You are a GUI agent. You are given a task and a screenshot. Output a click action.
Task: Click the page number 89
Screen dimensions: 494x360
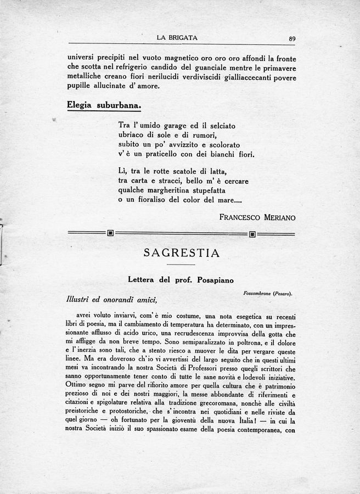coord(292,38)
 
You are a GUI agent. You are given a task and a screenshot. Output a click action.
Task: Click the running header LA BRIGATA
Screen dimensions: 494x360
coord(177,38)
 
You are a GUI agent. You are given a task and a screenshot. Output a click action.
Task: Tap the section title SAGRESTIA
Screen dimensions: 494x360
coord(181,253)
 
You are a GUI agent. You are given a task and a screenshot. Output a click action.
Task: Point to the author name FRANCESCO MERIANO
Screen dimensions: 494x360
coord(257,217)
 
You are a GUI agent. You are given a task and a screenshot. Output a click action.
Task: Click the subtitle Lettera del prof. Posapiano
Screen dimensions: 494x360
coord(181,280)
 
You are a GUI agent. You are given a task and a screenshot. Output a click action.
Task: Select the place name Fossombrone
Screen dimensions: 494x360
coord(257,294)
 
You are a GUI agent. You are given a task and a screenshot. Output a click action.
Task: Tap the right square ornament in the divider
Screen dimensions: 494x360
coord(252,233)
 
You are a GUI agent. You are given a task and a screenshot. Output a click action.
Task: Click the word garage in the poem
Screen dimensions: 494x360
coord(171,126)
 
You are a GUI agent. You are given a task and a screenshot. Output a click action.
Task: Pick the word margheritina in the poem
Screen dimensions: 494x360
coord(175,190)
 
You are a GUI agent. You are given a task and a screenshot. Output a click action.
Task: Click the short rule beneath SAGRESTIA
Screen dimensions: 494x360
coord(181,265)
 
